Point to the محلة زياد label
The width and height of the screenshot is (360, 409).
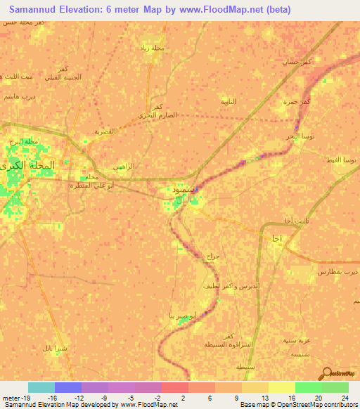155,48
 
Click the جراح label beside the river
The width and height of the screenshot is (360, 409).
214,256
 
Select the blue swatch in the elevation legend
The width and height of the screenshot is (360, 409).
68,387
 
